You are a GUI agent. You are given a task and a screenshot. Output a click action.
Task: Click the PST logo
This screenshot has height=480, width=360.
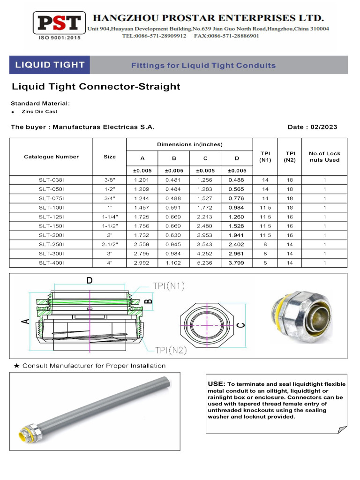tap(59, 23)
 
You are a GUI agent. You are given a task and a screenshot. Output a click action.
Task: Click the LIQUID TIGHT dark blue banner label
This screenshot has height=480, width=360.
tap(50, 65)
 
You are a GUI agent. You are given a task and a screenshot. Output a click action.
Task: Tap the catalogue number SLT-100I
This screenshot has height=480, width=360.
tap(51, 207)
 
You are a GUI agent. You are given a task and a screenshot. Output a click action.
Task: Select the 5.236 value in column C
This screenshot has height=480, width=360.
tap(205, 263)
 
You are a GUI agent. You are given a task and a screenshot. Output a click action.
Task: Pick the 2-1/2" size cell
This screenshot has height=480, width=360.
tap(109, 244)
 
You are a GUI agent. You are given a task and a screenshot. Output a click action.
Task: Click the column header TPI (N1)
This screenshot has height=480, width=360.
tap(265, 157)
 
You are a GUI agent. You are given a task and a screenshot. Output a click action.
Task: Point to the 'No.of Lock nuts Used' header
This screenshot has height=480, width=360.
tap(324, 157)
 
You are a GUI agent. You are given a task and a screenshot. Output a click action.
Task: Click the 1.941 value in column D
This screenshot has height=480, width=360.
tap(237, 235)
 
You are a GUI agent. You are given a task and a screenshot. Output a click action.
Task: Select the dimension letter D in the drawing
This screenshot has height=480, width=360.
tap(89, 280)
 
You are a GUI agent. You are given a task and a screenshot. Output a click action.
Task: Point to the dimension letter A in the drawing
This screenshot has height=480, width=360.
tap(25, 321)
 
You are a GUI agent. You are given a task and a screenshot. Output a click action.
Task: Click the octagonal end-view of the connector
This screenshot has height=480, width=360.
tap(206, 324)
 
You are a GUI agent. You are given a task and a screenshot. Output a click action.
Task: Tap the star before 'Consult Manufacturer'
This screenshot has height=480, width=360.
tap(17, 366)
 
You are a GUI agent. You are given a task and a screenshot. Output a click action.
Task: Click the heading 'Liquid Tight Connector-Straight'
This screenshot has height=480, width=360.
tap(96, 87)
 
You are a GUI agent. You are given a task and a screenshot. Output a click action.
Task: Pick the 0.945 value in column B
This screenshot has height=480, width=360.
tap(173, 244)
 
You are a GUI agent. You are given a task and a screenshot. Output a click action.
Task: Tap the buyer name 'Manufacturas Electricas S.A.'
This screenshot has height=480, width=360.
tap(103, 127)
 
